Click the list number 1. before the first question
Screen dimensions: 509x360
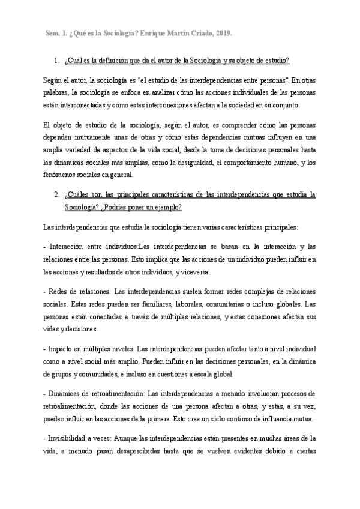pyautogui.click(x=56, y=60)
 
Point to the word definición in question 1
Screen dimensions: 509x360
pyautogui.click(x=118, y=60)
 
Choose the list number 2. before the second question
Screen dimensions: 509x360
pyautogui.click(x=56, y=195)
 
